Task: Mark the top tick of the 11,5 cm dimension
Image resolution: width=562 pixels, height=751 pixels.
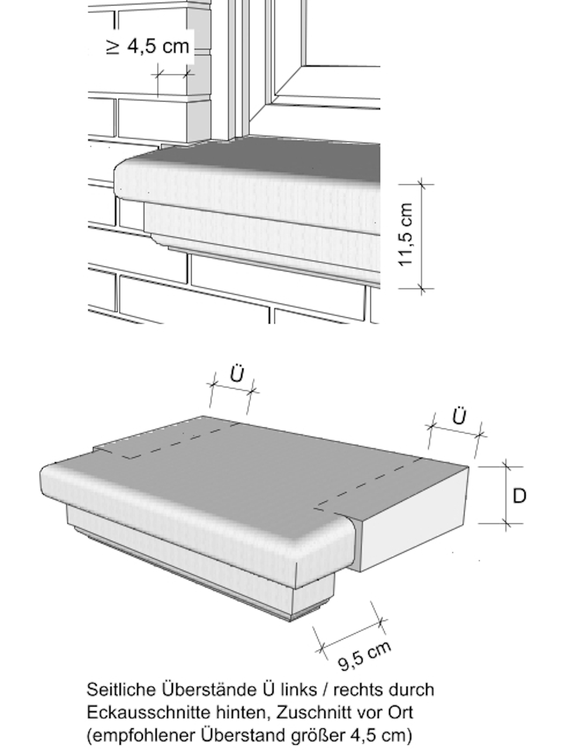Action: coord(421,184)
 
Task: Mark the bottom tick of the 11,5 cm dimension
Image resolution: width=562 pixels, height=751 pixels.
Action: coord(421,289)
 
